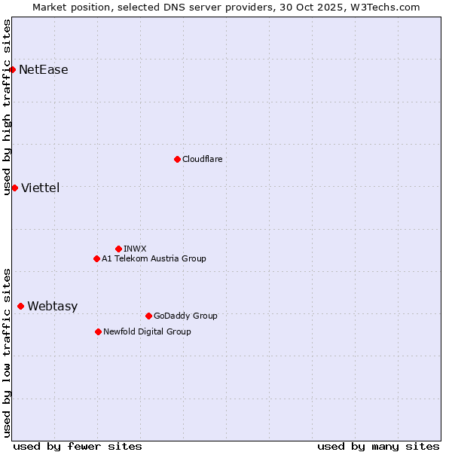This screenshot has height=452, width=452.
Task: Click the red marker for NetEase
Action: point(12,70)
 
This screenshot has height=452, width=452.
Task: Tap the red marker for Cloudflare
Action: point(177,159)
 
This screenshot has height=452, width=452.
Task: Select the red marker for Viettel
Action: point(14,188)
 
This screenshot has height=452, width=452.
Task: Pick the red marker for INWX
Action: point(118,249)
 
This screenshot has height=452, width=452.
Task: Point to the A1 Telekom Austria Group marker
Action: point(96,258)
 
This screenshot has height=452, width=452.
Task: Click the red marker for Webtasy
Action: point(20,306)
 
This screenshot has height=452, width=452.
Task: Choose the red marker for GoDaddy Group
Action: point(148,316)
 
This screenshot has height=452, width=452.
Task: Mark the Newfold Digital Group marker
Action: point(98,331)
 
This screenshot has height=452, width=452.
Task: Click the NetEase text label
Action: point(44,70)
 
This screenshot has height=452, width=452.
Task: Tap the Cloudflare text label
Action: point(203,159)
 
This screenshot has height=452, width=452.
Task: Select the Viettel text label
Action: point(41,188)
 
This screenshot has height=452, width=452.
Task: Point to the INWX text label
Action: point(135,249)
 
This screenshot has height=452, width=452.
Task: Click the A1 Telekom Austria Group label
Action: point(154,258)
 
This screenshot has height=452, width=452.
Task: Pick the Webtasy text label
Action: point(52,306)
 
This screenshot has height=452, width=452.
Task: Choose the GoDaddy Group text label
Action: point(185,316)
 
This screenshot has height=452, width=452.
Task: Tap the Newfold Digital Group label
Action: point(147,331)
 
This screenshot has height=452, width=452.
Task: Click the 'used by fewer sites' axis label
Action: point(78,446)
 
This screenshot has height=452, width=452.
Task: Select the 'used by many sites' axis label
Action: point(378,446)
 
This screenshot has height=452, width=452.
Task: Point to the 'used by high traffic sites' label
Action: point(7,107)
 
